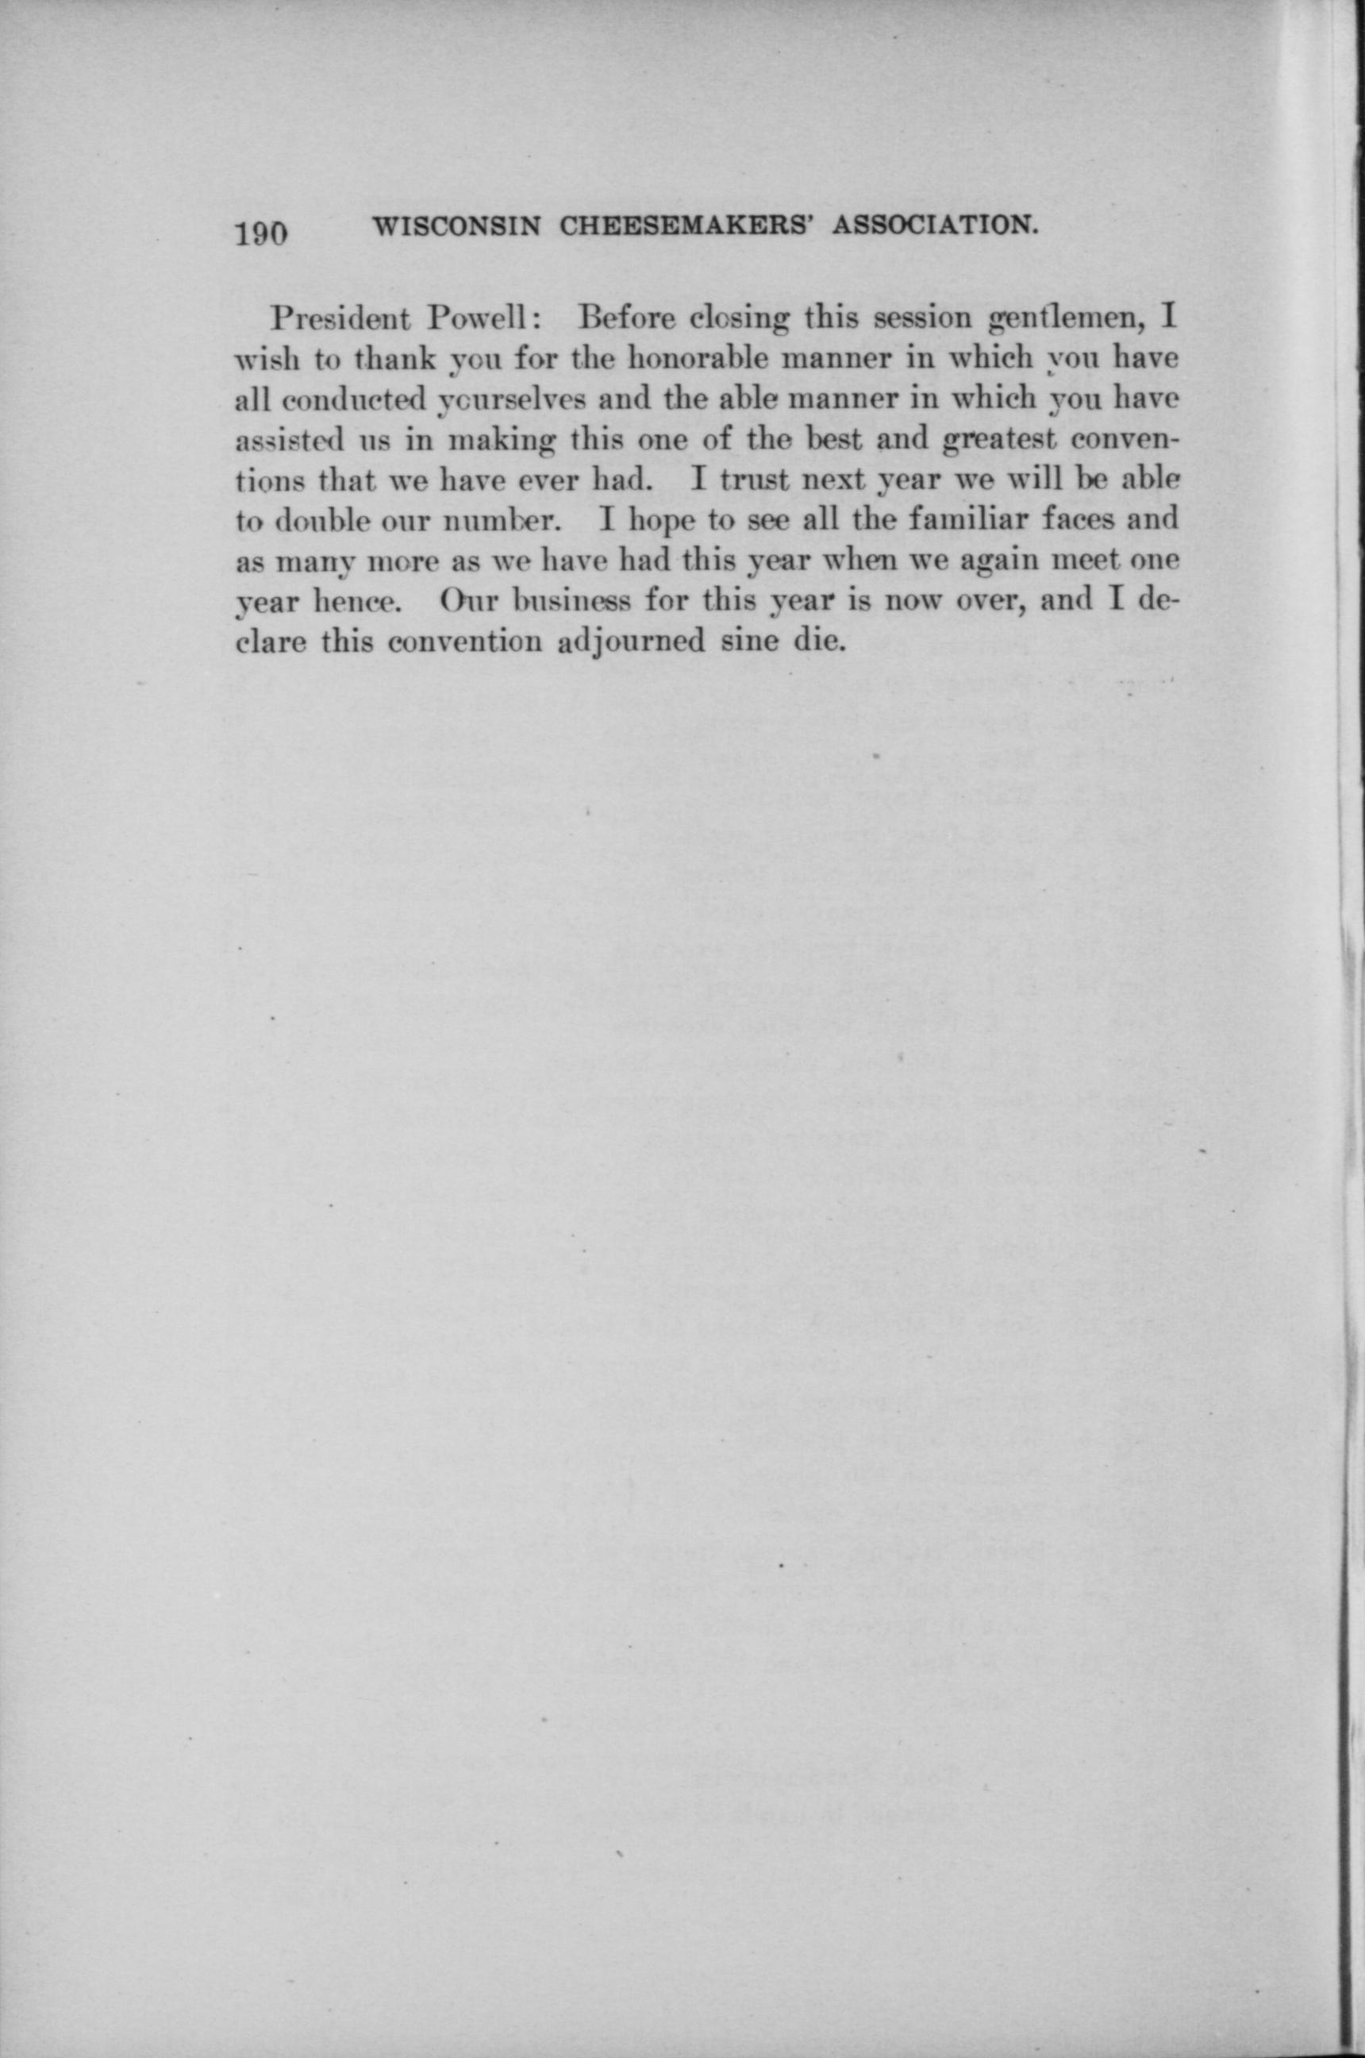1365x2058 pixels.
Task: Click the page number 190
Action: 260,234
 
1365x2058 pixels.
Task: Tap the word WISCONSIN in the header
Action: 458,226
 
